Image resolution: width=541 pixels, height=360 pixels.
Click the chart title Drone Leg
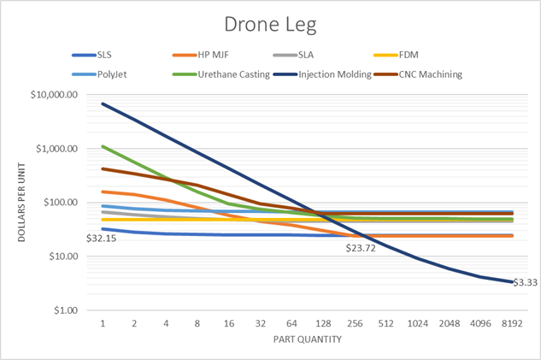270,25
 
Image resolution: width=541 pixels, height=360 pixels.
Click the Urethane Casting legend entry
229,74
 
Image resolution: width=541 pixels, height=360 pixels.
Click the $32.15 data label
102,238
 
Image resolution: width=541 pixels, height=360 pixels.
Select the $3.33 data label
525,282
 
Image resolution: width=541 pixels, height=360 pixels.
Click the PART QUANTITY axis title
308,340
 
